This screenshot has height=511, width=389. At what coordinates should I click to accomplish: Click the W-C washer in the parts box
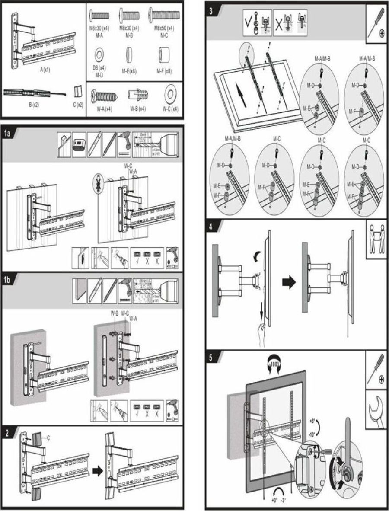click(x=170, y=93)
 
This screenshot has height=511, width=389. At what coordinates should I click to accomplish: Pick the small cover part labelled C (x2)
click(x=77, y=92)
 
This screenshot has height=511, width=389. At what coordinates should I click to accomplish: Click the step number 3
click(x=211, y=12)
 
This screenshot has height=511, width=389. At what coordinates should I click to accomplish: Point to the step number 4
click(x=210, y=227)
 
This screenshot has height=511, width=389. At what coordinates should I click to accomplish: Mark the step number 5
click(x=210, y=358)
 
